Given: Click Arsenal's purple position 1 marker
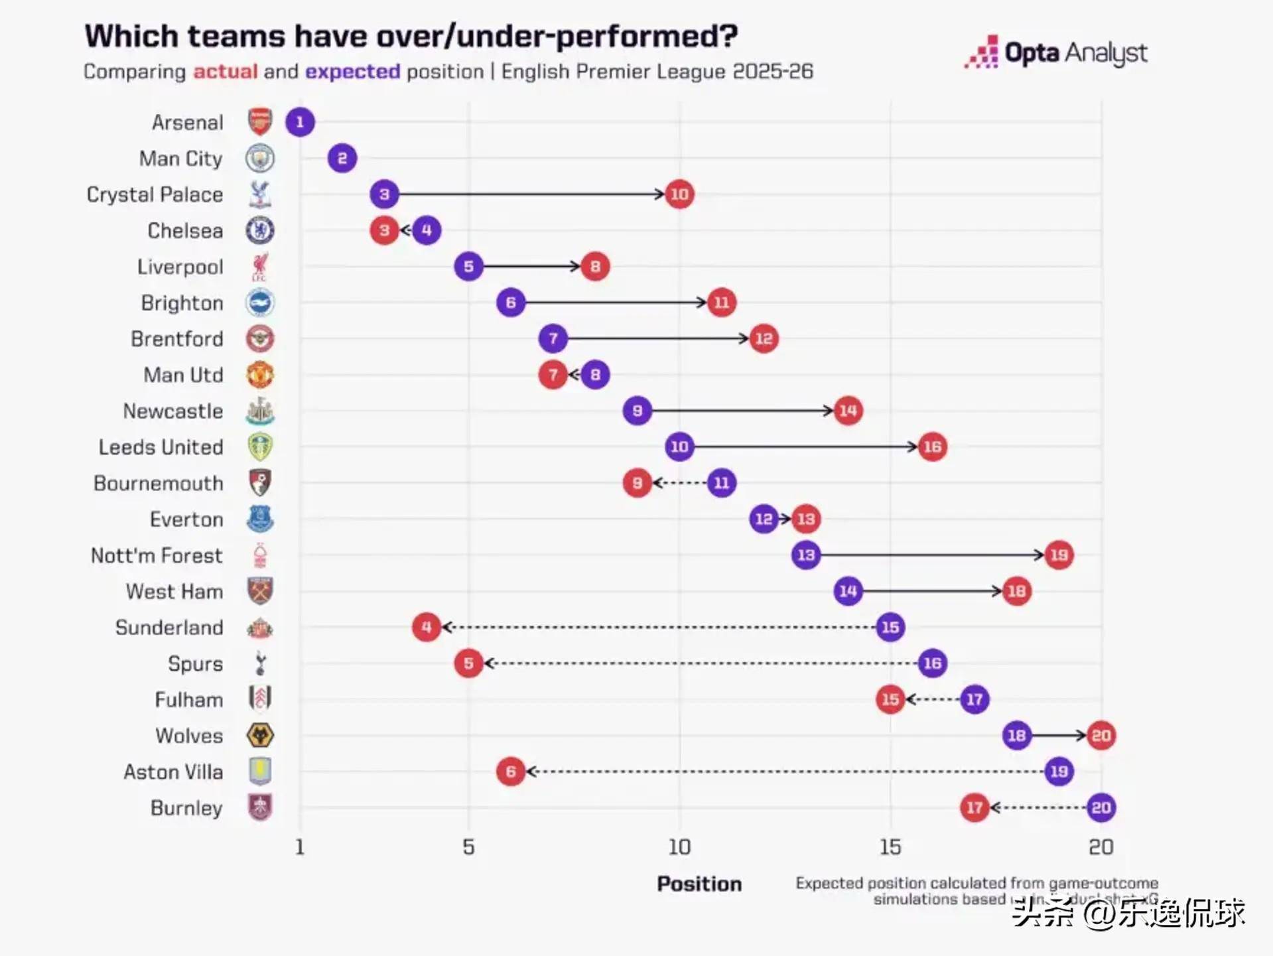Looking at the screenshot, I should click(300, 122).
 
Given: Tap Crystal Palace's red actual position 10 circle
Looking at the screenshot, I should click(679, 194).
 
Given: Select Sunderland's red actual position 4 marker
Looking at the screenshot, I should click(427, 627).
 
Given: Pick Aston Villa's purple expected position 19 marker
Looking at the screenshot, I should click(1059, 772).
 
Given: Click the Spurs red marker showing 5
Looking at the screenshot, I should click(468, 663).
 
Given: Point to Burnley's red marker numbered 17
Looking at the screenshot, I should click(974, 807).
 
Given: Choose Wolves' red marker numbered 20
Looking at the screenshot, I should click(1101, 735).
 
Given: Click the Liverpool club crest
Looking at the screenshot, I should click(260, 267).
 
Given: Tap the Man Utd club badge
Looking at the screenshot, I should click(260, 375).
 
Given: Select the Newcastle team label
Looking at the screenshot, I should click(173, 411).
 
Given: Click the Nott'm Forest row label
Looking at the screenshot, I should click(157, 555).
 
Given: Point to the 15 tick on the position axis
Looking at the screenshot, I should click(890, 847).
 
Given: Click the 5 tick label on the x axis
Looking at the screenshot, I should click(468, 847).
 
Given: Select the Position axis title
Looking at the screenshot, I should click(699, 884).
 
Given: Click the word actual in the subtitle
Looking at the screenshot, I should click(225, 72).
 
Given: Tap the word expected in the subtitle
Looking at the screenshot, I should click(352, 72).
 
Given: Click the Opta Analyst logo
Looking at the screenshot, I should click(1056, 53).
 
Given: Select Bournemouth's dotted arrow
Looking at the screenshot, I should click(680, 483).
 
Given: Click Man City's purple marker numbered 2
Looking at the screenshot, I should click(342, 159).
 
